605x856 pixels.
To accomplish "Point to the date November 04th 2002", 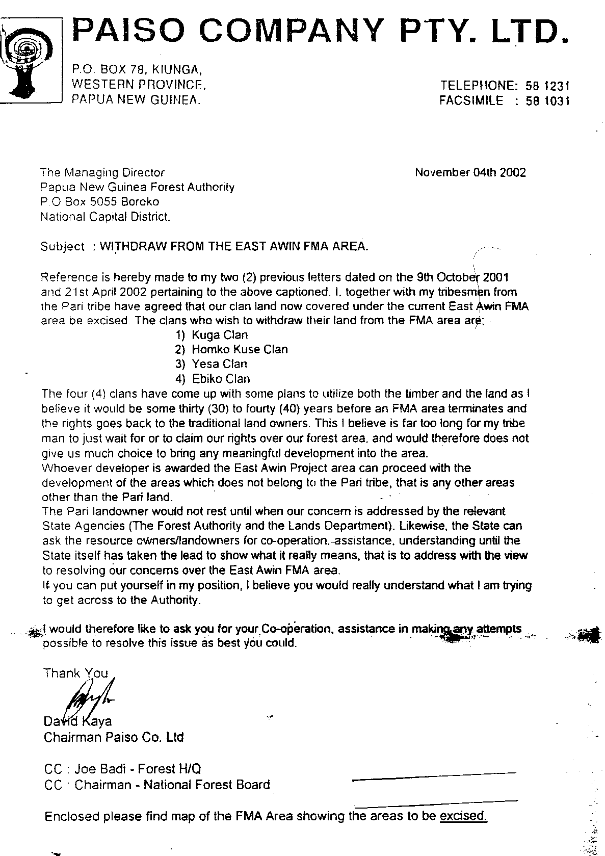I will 470,172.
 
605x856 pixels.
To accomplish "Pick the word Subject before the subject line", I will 63,247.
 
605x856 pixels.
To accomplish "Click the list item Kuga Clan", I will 220,335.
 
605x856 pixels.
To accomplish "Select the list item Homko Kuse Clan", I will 240,350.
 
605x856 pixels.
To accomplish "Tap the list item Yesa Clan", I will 219,364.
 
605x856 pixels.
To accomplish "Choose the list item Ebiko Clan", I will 221,379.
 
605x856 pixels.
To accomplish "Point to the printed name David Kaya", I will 77,721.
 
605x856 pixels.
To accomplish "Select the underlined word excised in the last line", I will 463,816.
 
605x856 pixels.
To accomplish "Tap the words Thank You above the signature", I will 75,673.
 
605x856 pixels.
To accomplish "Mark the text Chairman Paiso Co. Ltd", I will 114,737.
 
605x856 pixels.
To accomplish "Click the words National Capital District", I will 106,217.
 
